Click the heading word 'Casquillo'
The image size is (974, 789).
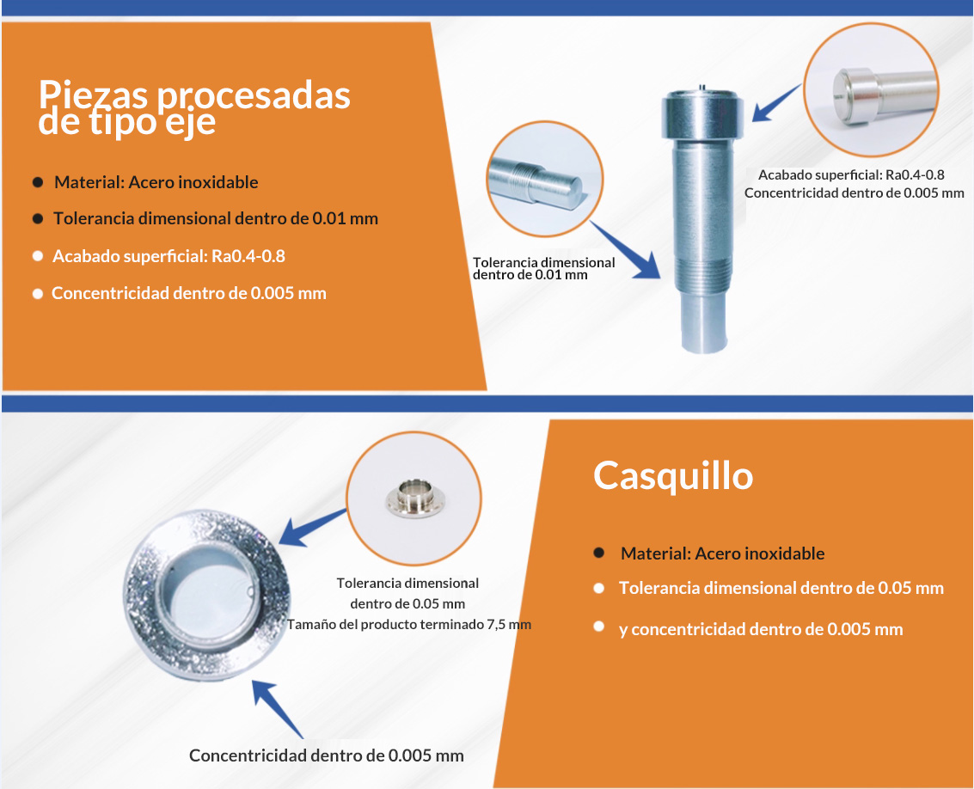click(x=673, y=476)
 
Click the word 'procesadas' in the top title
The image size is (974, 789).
click(x=253, y=96)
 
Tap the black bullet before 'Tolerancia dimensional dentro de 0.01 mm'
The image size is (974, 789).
click(x=38, y=218)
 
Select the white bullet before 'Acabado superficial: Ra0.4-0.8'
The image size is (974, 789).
click(x=38, y=256)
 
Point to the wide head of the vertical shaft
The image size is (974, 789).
click(x=702, y=114)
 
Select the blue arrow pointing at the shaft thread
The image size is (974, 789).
click(x=626, y=250)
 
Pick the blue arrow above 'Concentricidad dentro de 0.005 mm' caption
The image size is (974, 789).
click(x=277, y=709)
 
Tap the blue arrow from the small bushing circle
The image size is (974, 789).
click(x=312, y=528)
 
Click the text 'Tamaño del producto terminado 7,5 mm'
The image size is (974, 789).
click(x=408, y=624)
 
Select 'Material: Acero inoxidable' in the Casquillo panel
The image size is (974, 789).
click(x=722, y=554)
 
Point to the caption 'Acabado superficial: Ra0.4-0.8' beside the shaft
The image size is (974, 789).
click(x=851, y=175)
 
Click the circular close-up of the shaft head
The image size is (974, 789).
click(x=871, y=89)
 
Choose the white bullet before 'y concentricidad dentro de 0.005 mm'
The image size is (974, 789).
click(x=599, y=627)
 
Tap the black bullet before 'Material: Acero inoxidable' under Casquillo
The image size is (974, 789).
click(x=599, y=553)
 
